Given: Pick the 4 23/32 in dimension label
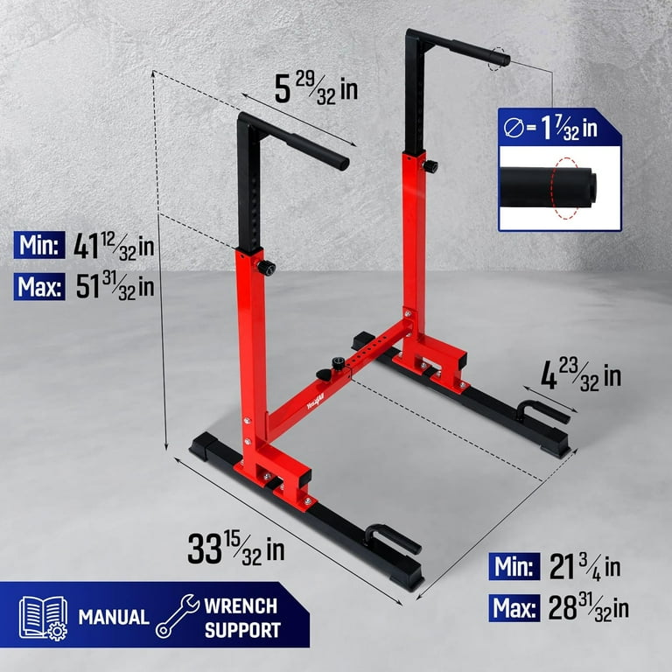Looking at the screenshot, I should (580, 375).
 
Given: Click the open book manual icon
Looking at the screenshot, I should (43, 617).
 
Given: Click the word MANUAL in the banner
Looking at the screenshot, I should (113, 617).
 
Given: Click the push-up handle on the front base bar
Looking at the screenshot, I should (395, 536).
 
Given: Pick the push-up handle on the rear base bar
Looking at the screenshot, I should (542, 410).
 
